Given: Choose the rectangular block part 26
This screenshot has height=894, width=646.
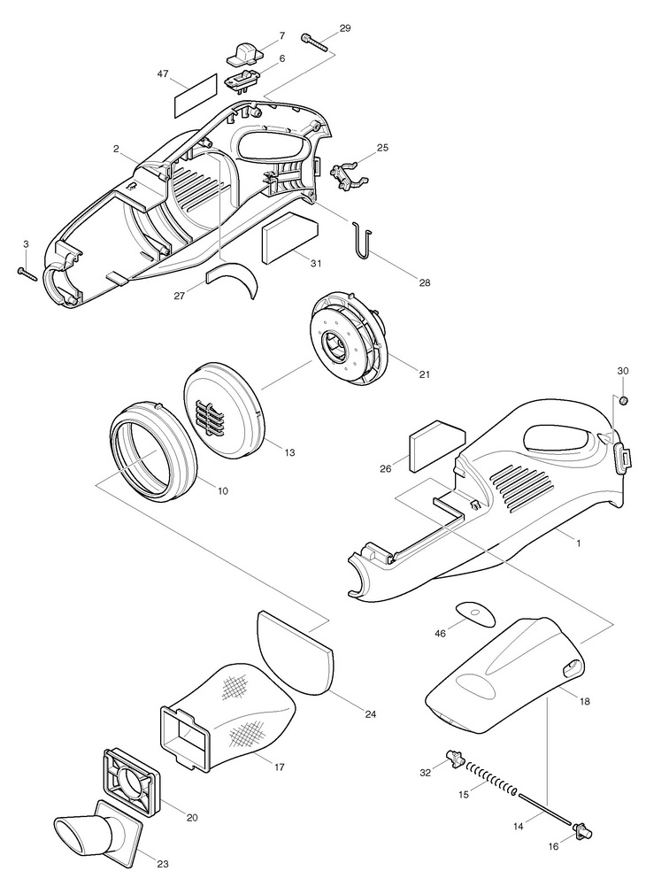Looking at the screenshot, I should point(436,446).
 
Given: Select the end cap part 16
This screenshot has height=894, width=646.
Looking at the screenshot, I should point(582,829).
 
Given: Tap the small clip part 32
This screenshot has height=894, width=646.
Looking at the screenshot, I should point(456,758).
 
